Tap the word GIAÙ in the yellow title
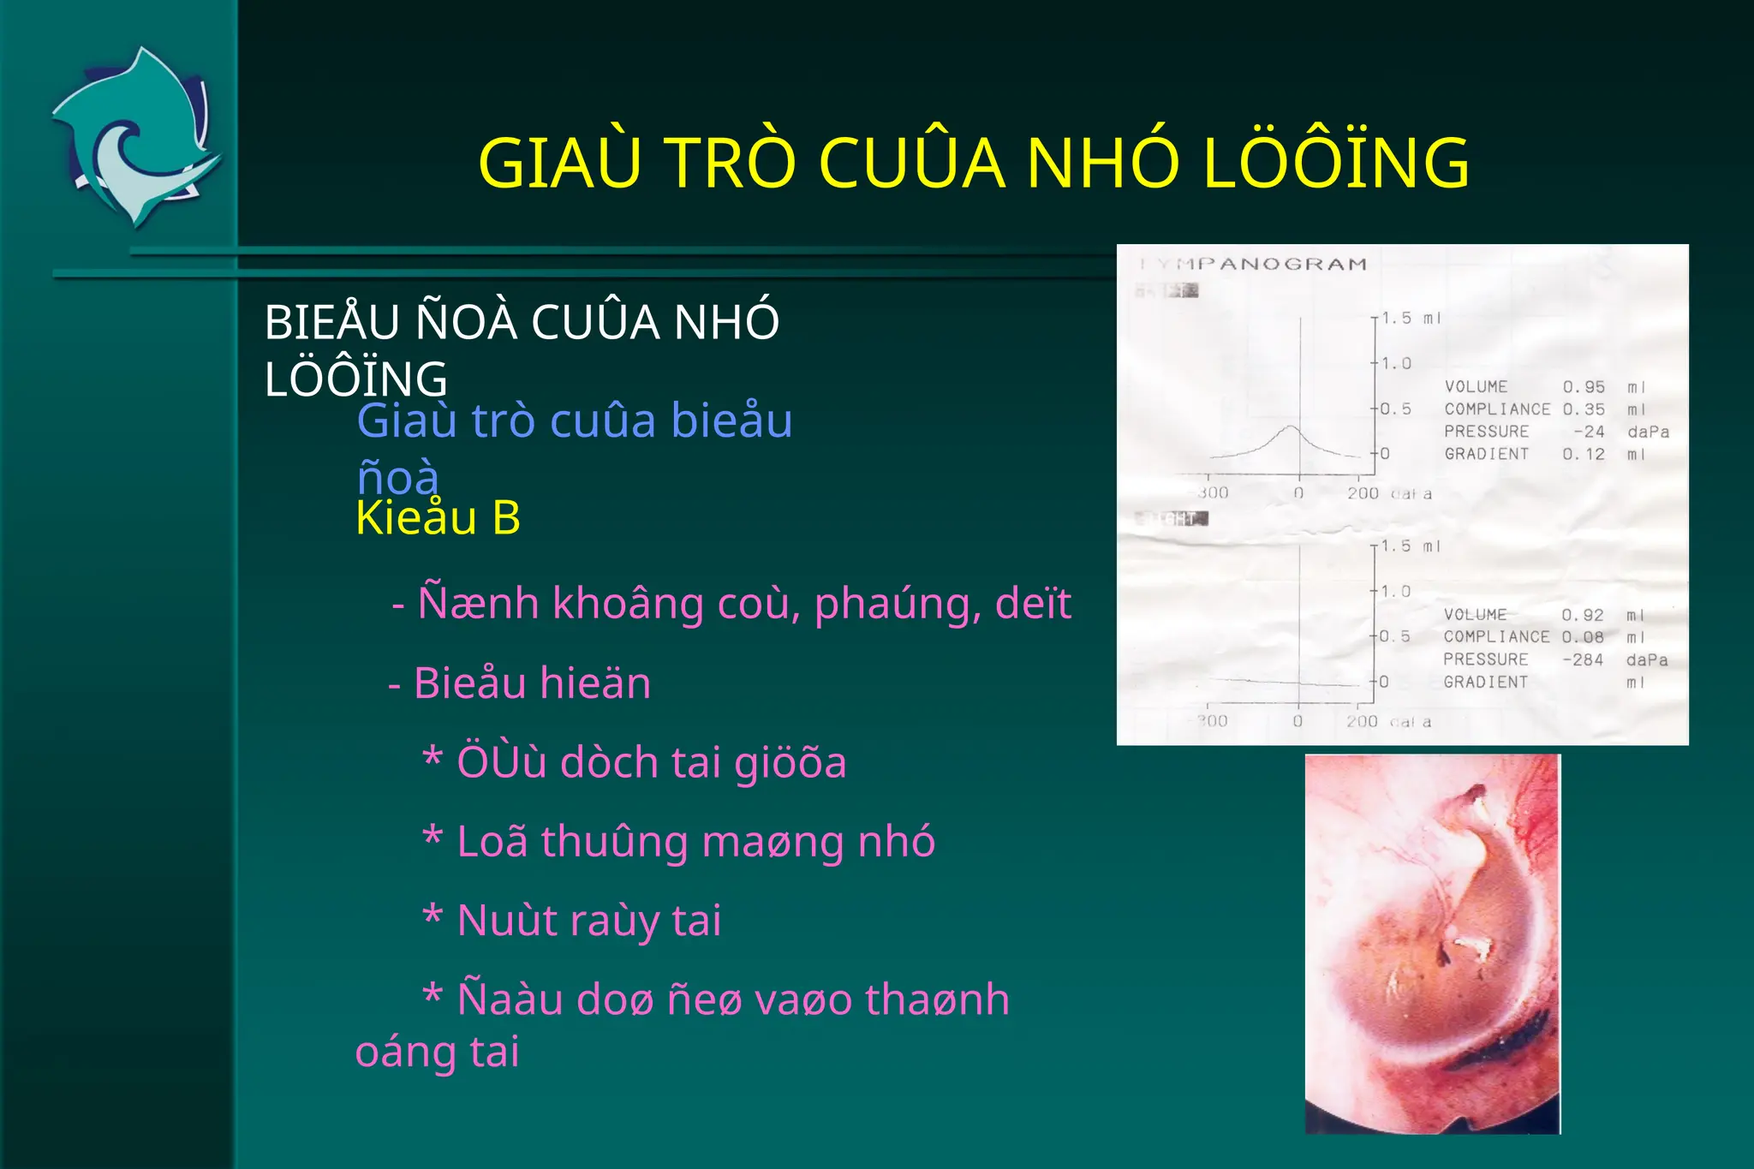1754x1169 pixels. pyautogui.click(x=559, y=163)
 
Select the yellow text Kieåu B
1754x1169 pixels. pyautogui.click(x=438, y=518)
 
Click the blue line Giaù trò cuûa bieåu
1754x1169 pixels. pyautogui.click(x=574, y=420)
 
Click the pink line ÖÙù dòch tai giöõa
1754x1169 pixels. pyautogui.click(x=635, y=762)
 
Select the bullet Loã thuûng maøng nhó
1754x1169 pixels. pyautogui.click(x=678, y=842)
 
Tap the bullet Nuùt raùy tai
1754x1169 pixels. pyautogui.click(x=572, y=921)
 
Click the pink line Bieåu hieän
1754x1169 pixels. pyautogui.click(x=520, y=683)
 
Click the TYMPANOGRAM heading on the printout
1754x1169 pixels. pyautogui.click(x=1254, y=264)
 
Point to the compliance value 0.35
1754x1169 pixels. pyautogui.click(x=1584, y=409)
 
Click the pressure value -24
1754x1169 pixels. pyautogui.click(x=1589, y=432)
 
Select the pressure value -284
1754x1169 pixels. pyautogui.click(x=1583, y=659)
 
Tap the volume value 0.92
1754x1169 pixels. pyautogui.click(x=1583, y=615)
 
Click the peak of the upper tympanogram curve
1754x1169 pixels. pyautogui.click(x=1291, y=426)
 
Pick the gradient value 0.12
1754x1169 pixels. pyautogui.click(x=1584, y=454)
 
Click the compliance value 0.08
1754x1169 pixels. pyautogui.click(x=1583, y=637)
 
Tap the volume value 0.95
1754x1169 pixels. pyautogui.click(x=1584, y=387)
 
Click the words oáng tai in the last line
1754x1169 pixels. pyautogui.click(x=437, y=1052)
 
